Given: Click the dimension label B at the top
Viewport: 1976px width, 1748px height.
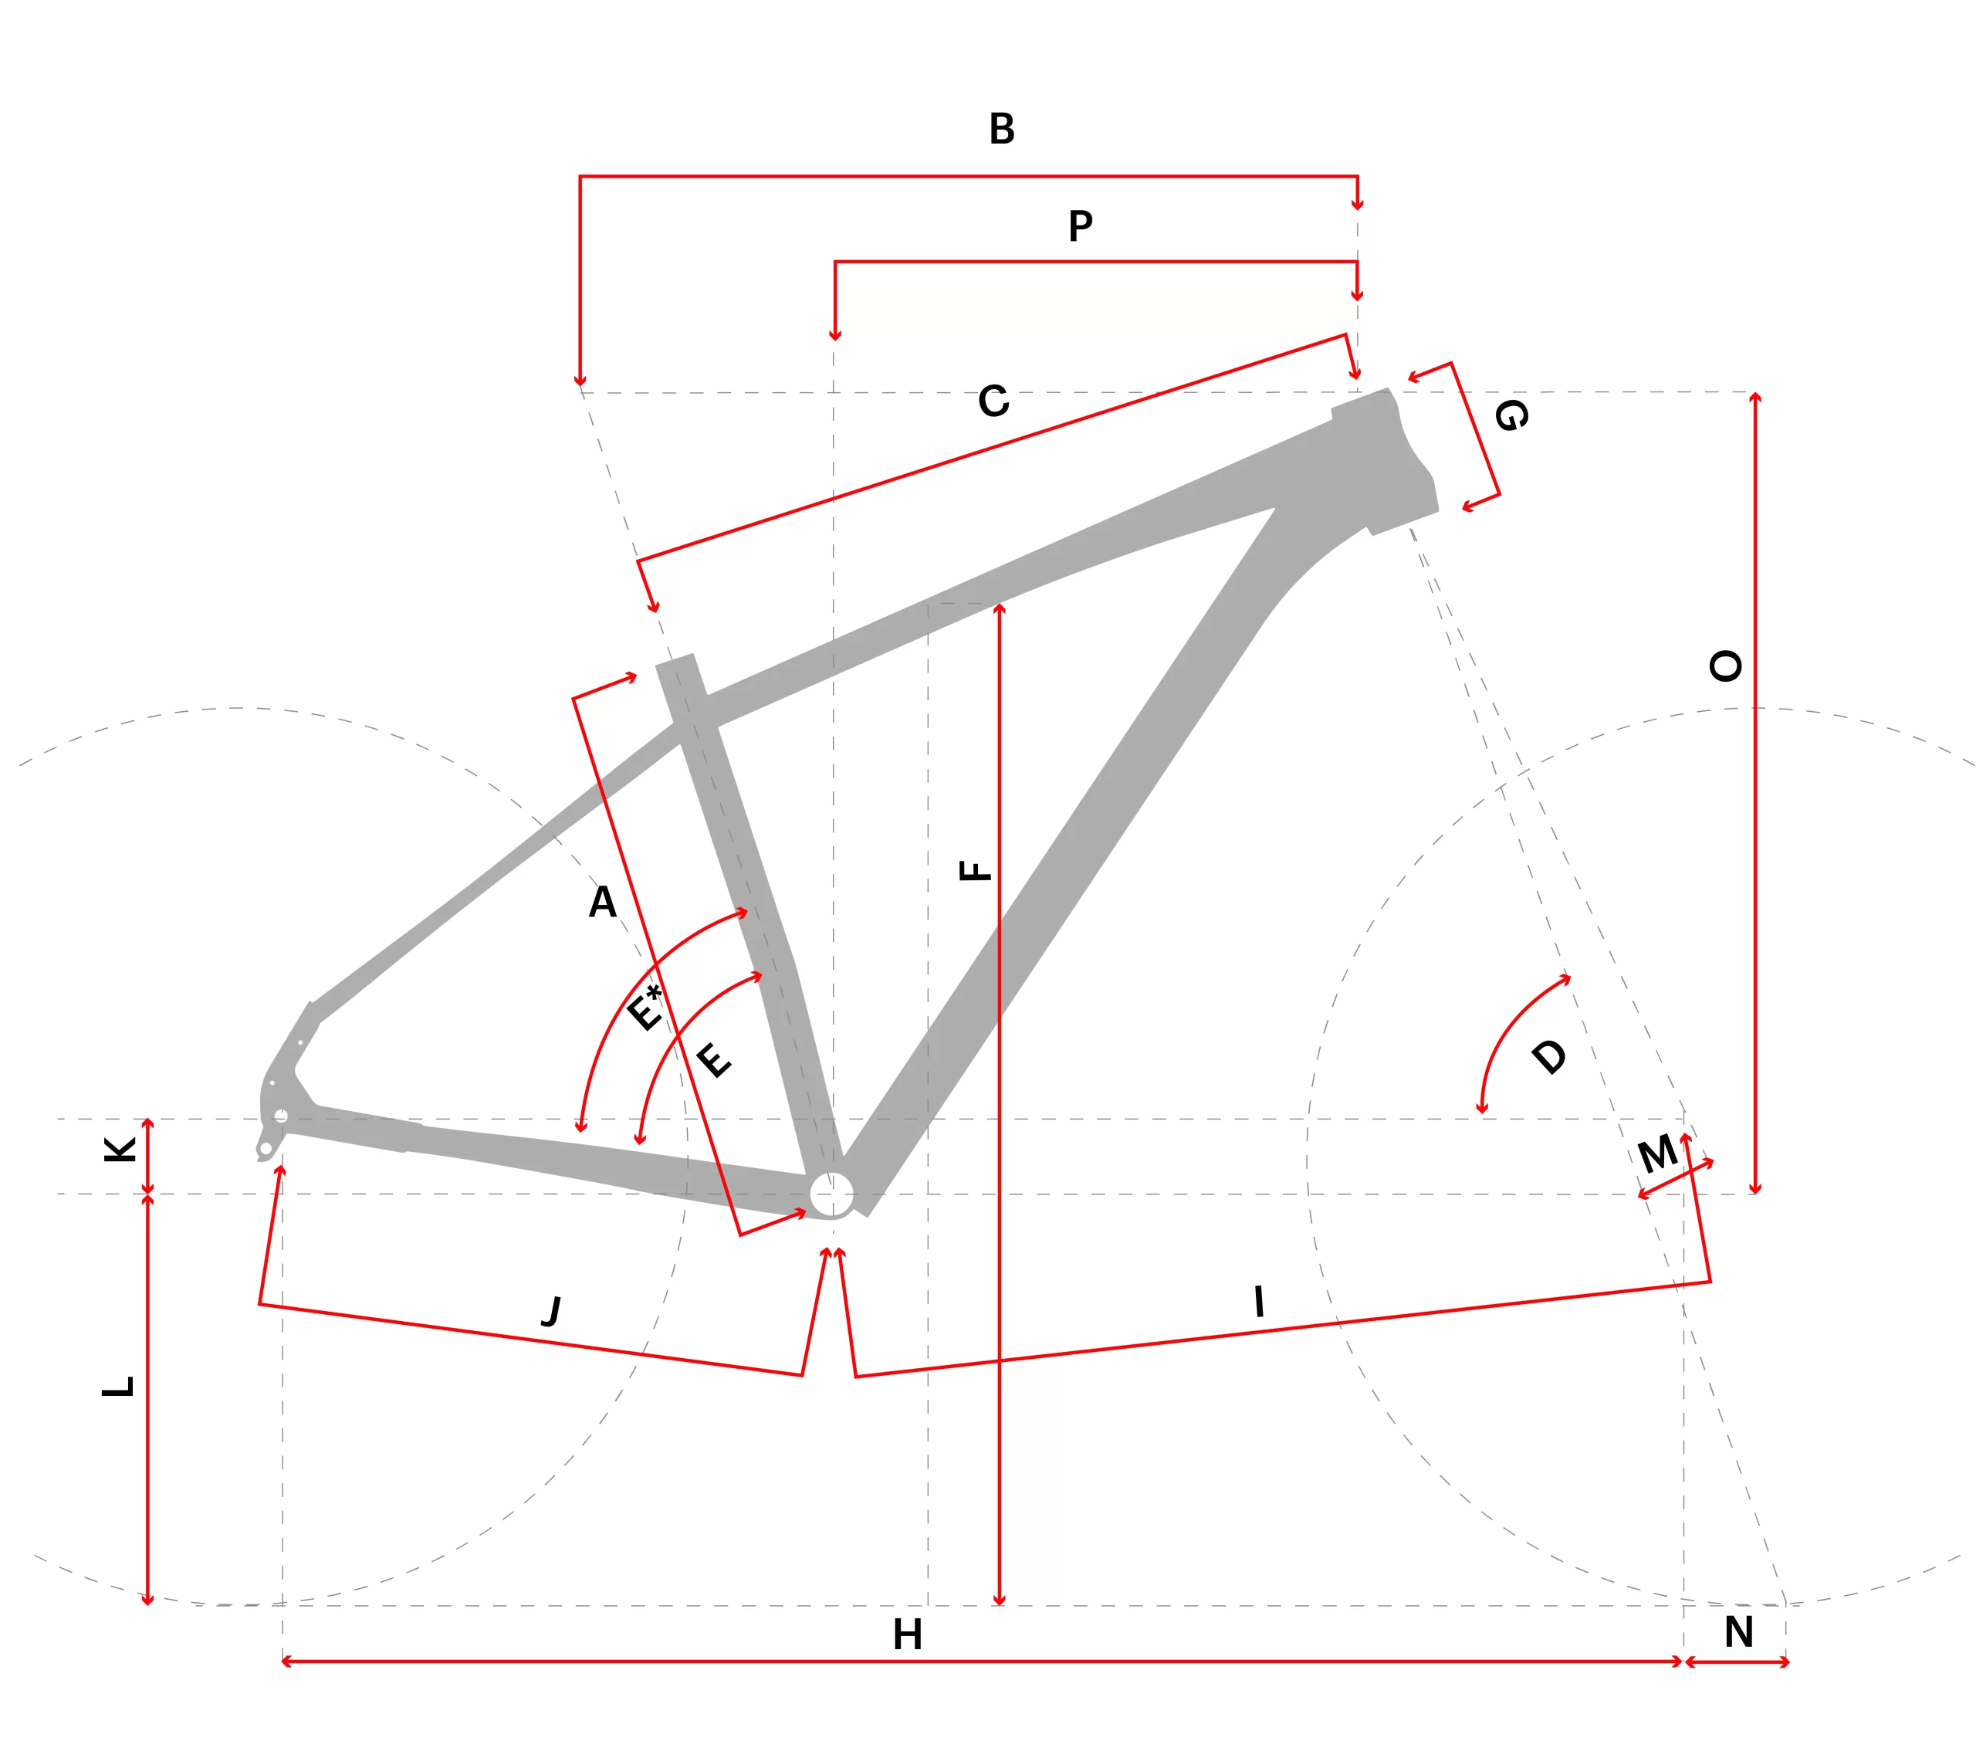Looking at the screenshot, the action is [x=1002, y=129].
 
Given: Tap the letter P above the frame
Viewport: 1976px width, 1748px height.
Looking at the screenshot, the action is [x=1081, y=226].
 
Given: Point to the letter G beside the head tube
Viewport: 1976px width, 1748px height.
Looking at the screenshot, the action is [x=1512, y=415].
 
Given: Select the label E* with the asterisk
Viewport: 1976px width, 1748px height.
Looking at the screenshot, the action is [x=645, y=1008].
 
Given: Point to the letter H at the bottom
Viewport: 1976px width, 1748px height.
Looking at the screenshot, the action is [x=907, y=1635].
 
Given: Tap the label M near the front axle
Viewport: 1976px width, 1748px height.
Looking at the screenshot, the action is [x=1658, y=1153].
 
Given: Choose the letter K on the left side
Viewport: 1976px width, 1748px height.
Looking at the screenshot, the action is [x=120, y=1150].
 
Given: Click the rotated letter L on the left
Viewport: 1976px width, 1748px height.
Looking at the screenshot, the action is [x=118, y=1385].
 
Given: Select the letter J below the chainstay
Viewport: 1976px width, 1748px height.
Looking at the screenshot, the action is [x=552, y=1311].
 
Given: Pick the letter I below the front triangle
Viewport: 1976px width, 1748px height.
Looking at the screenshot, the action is [x=1259, y=1301].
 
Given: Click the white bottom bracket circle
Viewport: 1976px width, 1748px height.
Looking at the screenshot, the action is [x=831, y=1195].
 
